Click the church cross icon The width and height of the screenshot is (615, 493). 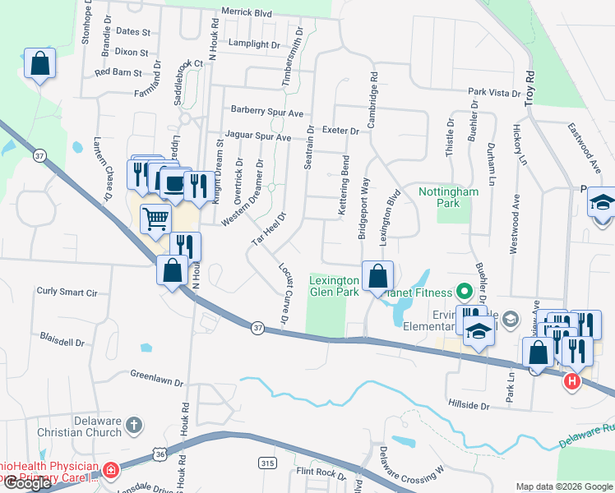click(x=135, y=426)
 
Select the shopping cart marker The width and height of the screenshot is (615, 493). click(x=155, y=219)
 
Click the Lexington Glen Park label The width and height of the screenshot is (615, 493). click(x=333, y=284)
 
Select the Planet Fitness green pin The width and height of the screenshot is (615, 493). click(x=464, y=292)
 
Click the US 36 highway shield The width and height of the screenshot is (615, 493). click(x=160, y=453)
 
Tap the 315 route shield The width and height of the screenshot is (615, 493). click(x=266, y=463)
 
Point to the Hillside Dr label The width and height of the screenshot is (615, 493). click(x=469, y=406)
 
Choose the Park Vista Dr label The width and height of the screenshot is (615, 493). click(x=494, y=92)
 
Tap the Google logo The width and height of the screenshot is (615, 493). click(x=27, y=482)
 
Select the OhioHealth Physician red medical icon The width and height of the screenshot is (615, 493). click(x=109, y=471)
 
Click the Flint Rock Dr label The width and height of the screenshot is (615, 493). click(x=322, y=472)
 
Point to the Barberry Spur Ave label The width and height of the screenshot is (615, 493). click(x=267, y=110)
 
